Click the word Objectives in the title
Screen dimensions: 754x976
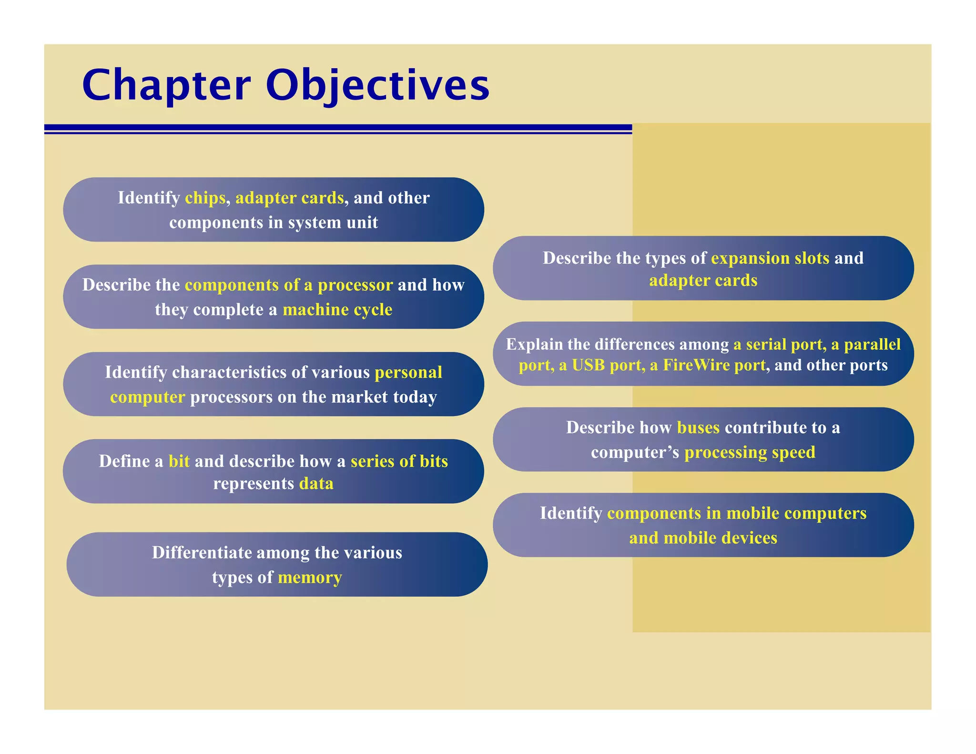377,86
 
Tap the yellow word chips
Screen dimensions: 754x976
205,198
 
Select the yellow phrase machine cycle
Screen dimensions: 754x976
337,310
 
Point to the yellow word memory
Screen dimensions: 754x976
310,578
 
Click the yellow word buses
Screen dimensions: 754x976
698,428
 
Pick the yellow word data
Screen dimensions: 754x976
316,484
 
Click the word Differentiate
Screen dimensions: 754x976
202,553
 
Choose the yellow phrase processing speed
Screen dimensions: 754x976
750,452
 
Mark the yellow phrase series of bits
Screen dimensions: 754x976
399,461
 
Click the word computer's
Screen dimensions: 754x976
635,452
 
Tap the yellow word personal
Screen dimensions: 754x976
408,372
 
